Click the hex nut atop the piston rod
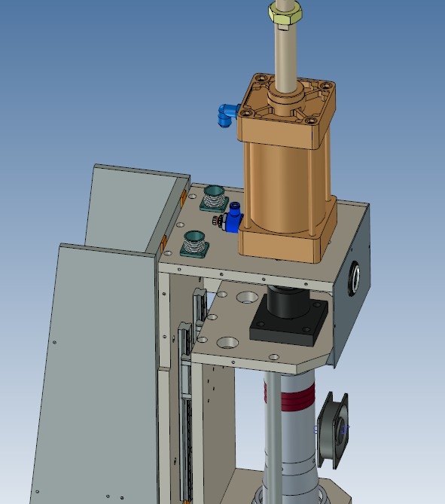point(285,11)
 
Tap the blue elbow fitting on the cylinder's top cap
point(224,115)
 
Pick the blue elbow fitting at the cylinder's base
point(234,219)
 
